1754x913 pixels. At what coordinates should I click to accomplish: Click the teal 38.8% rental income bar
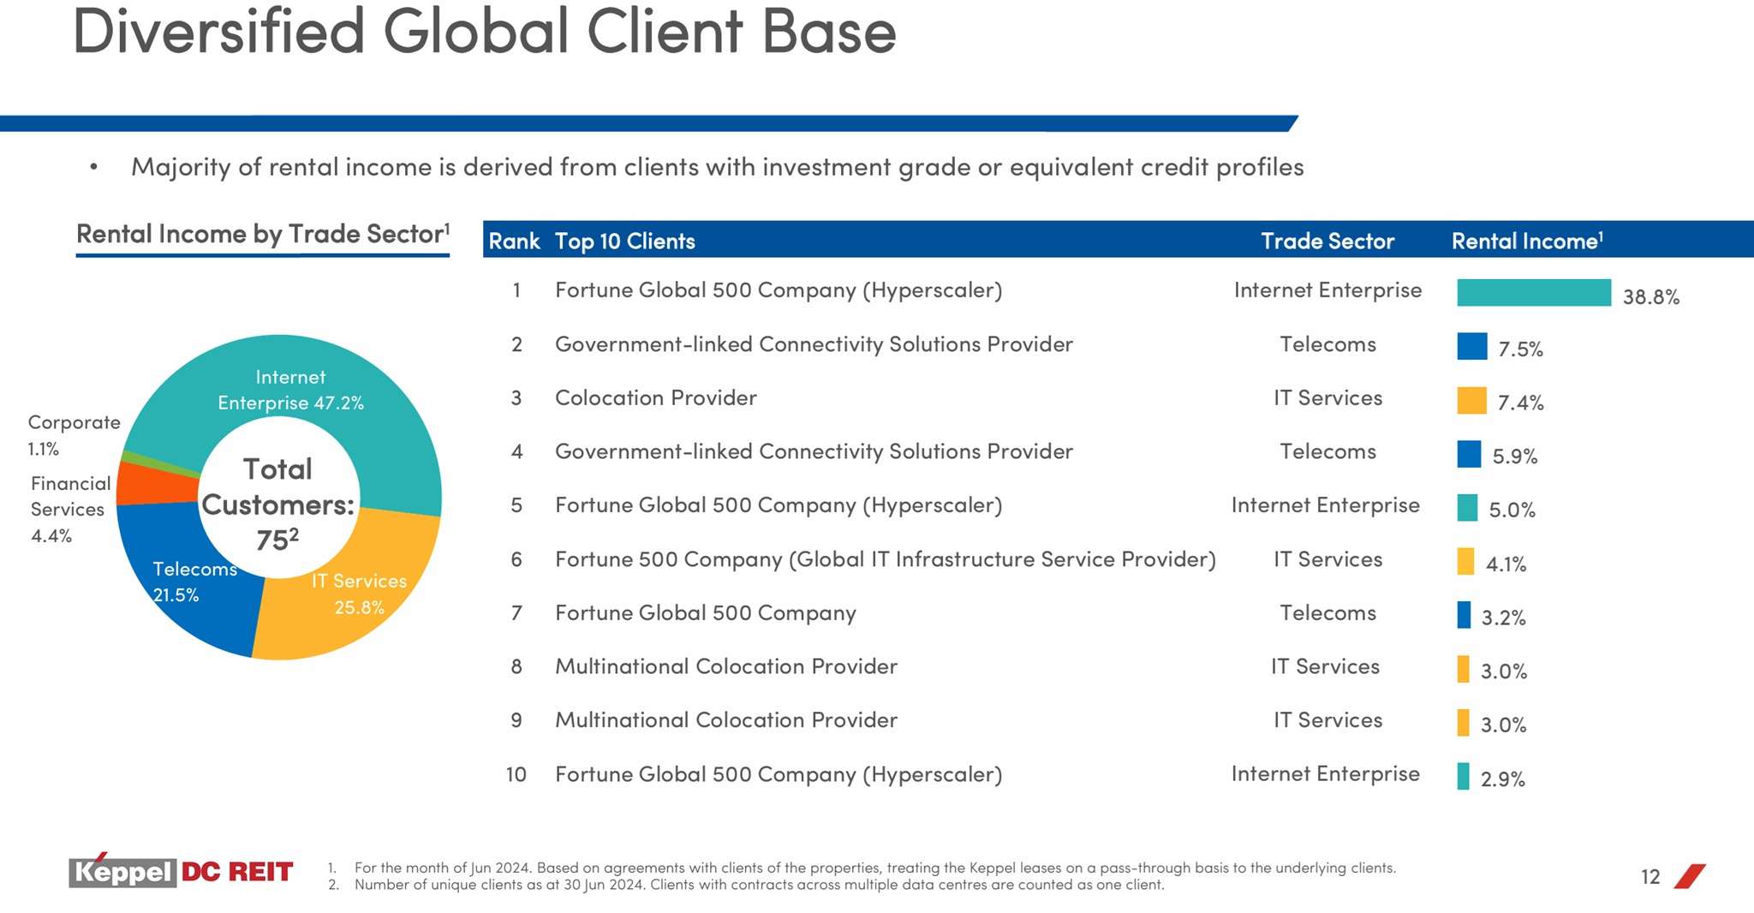(1533, 293)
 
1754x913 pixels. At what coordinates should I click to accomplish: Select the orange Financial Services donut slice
(154, 483)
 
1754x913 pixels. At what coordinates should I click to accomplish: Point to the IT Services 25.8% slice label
(359, 594)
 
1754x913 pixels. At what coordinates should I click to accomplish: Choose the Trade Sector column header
(1327, 242)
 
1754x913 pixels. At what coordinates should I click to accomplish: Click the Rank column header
(514, 242)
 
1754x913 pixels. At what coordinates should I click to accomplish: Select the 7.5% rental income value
(1520, 349)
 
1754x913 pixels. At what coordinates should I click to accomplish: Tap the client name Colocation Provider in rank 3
(655, 398)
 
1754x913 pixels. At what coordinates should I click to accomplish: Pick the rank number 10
(516, 775)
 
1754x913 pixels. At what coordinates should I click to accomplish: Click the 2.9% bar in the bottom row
(1463, 776)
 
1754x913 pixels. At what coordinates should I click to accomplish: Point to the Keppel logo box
(122, 872)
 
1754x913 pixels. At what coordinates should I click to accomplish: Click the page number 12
(1650, 877)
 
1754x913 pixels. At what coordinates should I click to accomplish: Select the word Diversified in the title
(218, 33)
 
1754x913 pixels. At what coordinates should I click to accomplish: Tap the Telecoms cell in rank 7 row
(1327, 613)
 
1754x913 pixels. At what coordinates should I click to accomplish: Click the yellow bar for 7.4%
(1471, 401)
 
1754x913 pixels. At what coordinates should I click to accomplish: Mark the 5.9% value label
(1514, 456)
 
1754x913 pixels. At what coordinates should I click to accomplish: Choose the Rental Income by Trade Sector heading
(262, 234)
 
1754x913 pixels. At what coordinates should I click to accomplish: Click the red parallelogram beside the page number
(1689, 876)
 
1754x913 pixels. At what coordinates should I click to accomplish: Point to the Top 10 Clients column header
(624, 242)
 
